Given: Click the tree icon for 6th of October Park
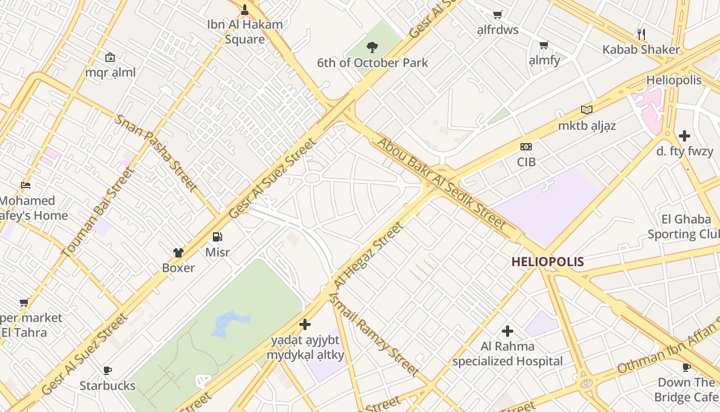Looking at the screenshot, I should pyautogui.click(x=372, y=47).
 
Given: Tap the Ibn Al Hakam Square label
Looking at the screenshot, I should pyautogui.click(x=245, y=31).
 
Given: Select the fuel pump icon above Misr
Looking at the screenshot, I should pyautogui.click(x=218, y=237).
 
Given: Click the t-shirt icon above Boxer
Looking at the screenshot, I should pyautogui.click(x=178, y=252).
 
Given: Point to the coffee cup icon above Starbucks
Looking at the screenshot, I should pyautogui.click(x=107, y=370).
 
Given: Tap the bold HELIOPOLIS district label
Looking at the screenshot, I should pyautogui.click(x=547, y=262).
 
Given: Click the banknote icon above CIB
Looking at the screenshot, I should pyautogui.click(x=526, y=147).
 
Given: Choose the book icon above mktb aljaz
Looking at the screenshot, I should pyautogui.click(x=586, y=110).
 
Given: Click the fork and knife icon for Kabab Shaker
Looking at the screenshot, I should pyautogui.click(x=641, y=35).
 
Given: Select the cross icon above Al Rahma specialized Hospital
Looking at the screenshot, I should pyautogui.click(x=508, y=331).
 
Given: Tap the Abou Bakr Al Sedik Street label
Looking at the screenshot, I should pyautogui.click(x=442, y=183).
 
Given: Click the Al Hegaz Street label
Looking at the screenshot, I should pyautogui.click(x=368, y=256).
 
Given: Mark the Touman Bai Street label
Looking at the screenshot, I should pyautogui.click(x=97, y=211).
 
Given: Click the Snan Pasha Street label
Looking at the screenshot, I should pyautogui.click(x=156, y=152).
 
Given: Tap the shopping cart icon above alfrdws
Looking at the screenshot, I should pyautogui.click(x=497, y=14).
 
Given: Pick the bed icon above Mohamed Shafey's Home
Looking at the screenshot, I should pyautogui.click(x=26, y=185).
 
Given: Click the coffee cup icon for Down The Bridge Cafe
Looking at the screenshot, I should pyautogui.click(x=686, y=367).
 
